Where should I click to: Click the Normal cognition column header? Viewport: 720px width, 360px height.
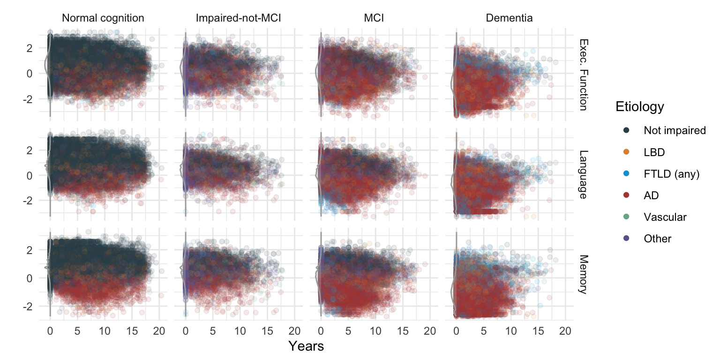coord(103,19)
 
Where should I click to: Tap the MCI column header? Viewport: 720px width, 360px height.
coord(374,19)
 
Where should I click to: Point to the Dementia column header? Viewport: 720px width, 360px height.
coord(509,19)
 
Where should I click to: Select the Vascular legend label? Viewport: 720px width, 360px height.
coord(665,217)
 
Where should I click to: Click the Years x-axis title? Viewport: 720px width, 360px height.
coord(306,346)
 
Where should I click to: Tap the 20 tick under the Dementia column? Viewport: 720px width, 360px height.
coord(565,331)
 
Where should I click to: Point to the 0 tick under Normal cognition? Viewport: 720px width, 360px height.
coord(50,331)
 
